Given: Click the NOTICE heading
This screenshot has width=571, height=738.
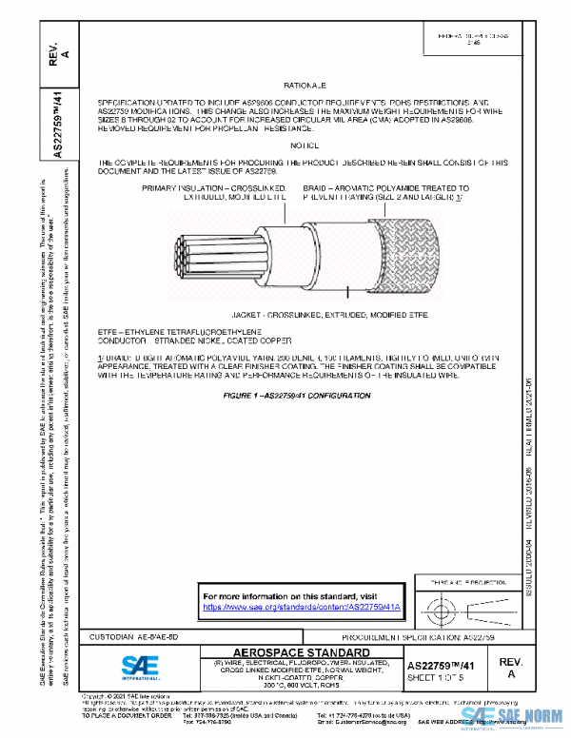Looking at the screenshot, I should (305, 145).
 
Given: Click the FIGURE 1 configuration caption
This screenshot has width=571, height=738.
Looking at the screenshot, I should (305, 393).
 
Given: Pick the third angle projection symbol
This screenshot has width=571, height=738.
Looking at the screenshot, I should (462, 606).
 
